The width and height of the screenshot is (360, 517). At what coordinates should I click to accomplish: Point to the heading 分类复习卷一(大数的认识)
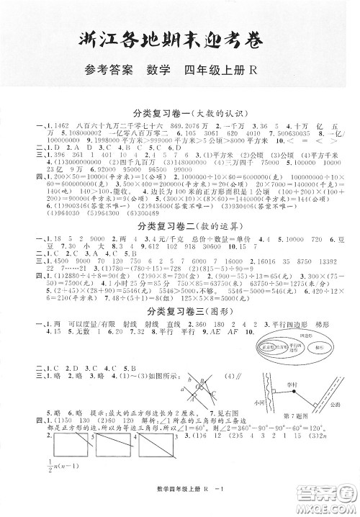point(179,113)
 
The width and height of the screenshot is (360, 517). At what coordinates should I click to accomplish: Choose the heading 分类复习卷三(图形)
point(179,310)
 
